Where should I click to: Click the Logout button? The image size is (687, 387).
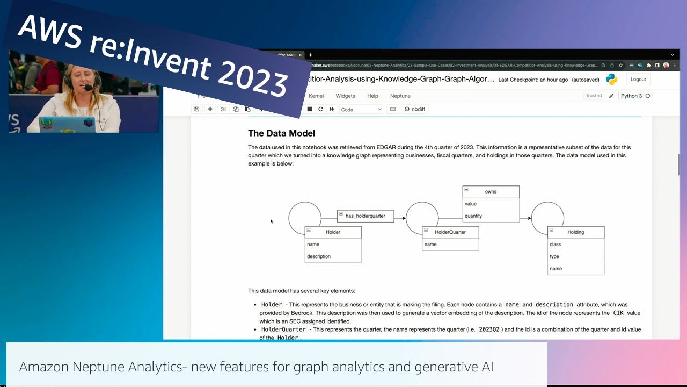click(638, 79)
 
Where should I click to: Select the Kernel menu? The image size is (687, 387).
click(316, 96)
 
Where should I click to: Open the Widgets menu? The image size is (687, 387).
click(345, 96)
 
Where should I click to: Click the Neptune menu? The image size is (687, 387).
click(400, 96)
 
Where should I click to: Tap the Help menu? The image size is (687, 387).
click(372, 96)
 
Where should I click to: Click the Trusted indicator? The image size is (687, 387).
click(594, 96)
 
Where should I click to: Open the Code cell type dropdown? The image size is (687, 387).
click(361, 109)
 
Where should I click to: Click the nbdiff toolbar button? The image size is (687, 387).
click(414, 109)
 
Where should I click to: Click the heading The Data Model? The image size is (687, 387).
click(281, 133)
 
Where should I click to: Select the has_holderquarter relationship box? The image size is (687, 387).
click(366, 216)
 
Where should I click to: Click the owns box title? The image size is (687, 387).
click(491, 192)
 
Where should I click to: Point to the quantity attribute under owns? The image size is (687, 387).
click(473, 216)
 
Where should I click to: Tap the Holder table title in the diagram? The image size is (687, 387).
click(333, 232)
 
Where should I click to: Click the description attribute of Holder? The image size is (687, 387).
click(319, 256)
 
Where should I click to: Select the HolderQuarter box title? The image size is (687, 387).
click(450, 232)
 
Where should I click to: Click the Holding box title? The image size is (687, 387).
click(575, 232)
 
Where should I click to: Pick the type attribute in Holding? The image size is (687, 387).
click(554, 256)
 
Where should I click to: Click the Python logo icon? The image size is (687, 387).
click(611, 80)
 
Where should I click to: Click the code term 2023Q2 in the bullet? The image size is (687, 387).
click(489, 329)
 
